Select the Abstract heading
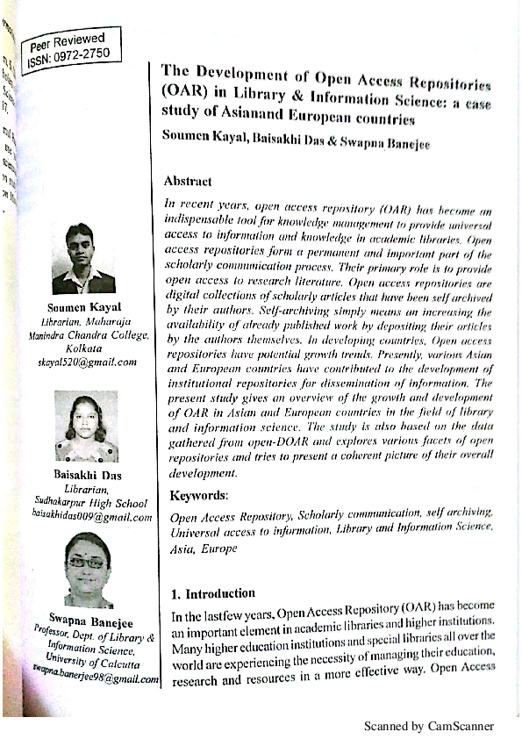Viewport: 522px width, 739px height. tap(188, 182)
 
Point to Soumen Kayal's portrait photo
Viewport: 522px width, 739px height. tap(83, 259)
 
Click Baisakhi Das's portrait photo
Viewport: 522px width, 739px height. tap(86, 426)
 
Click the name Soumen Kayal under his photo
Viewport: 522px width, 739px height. tap(84, 307)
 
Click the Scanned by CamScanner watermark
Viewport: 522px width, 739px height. tap(429, 727)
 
